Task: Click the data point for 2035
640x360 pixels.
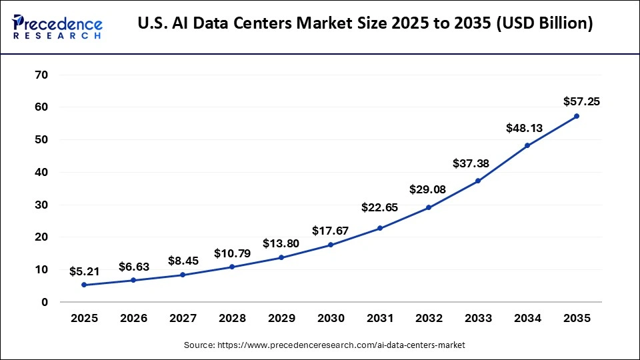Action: click(577, 116)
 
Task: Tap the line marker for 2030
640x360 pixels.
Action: click(330, 245)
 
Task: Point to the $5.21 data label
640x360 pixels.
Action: click(85, 271)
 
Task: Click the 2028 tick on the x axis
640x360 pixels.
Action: click(231, 319)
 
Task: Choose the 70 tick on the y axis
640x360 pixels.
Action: click(41, 75)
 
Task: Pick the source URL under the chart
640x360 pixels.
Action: click(324, 345)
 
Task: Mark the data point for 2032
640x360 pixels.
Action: click(429, 207)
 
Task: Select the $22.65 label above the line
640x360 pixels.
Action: click(379, 207)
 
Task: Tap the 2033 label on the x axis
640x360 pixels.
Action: click(478, 319)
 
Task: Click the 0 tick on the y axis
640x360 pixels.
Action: click(45, 302)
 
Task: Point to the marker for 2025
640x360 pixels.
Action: click(84, 285)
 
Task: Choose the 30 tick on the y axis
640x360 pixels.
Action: click(41, 205)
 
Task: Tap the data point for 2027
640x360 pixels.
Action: click(182, 275)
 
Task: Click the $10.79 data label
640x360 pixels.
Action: click(231, 253)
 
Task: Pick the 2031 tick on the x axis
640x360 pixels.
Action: click(379, 319)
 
